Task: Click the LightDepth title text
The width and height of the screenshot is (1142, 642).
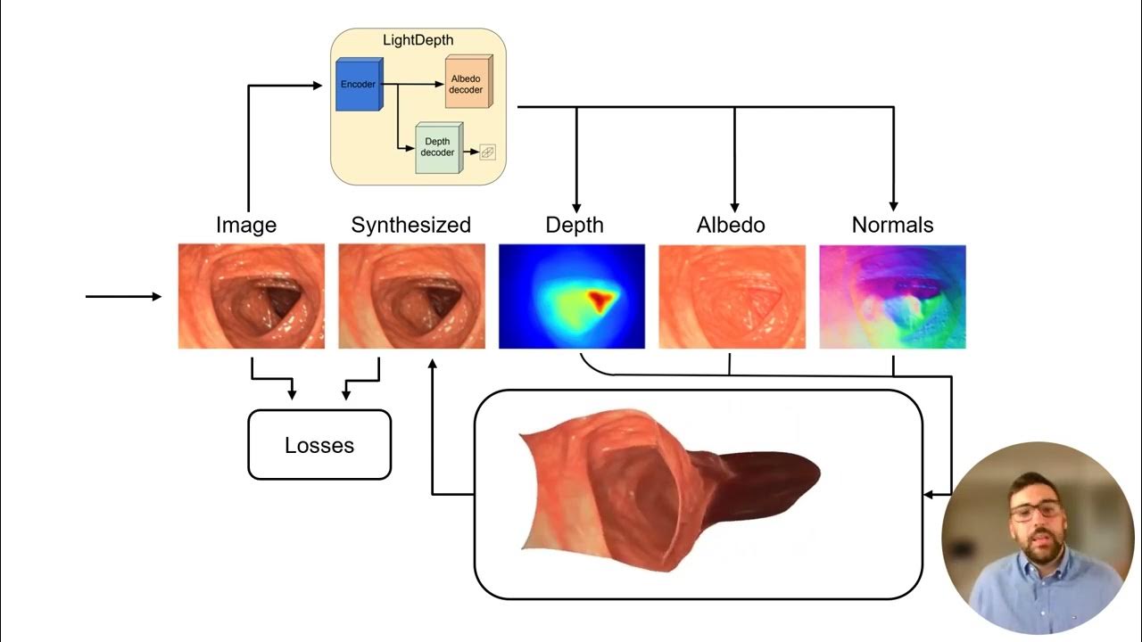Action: tap(418, 41)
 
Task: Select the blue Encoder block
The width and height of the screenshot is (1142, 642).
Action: tap(359, 85)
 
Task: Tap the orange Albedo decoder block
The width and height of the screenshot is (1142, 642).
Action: tap(466, 85)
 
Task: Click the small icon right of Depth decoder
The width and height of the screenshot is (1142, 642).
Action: tap(487, 152)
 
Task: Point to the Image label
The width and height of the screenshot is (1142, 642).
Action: tap(246, 225)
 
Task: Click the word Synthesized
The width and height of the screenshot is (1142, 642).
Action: tap(410, 225)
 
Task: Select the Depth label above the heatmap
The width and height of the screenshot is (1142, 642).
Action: tap(575, 225)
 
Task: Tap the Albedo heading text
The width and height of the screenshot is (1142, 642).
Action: tap(731, 225)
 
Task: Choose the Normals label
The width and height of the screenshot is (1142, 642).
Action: tap(892, 225)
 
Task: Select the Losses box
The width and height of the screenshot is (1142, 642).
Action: tap(319, 445)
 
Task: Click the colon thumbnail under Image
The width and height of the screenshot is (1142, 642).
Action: tap(252, 296)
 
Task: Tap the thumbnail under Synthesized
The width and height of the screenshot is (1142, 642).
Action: tap(411, 296)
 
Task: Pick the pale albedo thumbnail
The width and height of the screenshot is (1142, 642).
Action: tap(732, 296)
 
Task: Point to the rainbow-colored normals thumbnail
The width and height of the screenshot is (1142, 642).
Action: tap(892, 296)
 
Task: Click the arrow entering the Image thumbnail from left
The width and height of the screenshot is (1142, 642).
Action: tap(125, 296)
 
